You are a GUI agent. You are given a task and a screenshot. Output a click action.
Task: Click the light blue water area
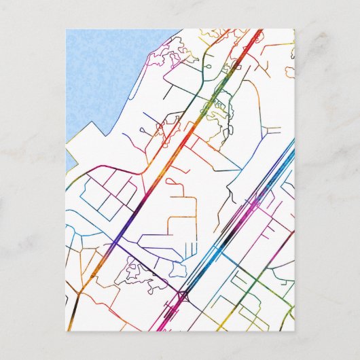[109, 82]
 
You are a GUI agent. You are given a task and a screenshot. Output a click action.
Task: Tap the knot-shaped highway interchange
[182, 295]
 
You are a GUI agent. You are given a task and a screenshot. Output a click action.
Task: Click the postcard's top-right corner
[293, 29]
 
